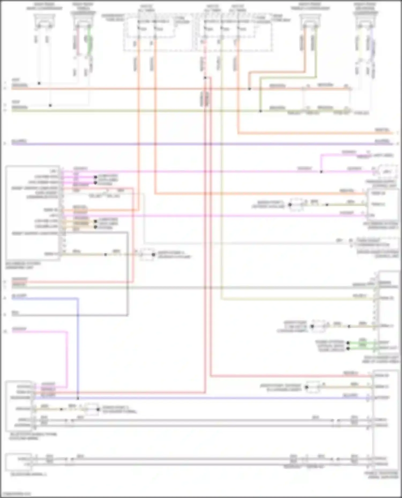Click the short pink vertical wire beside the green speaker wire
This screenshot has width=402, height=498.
click(78, 40)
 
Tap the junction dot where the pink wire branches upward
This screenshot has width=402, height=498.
click(321, 172)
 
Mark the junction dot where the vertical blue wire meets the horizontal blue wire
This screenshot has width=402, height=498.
click(78, 398)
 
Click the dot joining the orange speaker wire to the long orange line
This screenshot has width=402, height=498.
click(249, 89)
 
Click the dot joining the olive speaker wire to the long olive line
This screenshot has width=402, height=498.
click(260, 111)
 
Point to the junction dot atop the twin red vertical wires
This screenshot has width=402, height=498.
click(205, 78)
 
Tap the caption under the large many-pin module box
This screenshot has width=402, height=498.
click(23, 265)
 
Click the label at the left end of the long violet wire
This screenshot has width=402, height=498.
click(19, 141)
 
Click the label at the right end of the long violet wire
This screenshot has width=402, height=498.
click(382, 141)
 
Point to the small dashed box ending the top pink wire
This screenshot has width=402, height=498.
click(387, 171)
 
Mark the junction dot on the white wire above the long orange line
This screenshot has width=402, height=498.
click(39, 83)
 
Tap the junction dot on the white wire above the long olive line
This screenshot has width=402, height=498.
click(50, 105)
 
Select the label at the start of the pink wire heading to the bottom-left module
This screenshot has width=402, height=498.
click(19, 329)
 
